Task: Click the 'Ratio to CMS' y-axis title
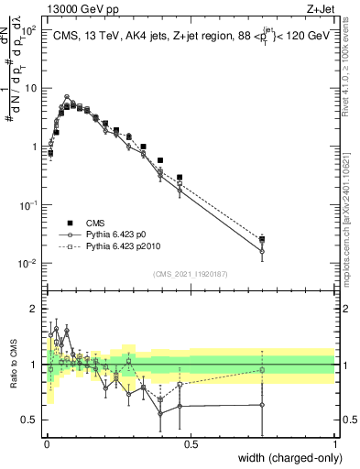pos(12,365)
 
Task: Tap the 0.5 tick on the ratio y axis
pos(30,420)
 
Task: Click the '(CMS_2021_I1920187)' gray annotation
pos(191,273)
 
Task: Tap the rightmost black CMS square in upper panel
pos(262,239)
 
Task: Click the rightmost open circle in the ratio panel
pos(262,405)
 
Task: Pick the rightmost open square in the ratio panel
pos(262,370)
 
